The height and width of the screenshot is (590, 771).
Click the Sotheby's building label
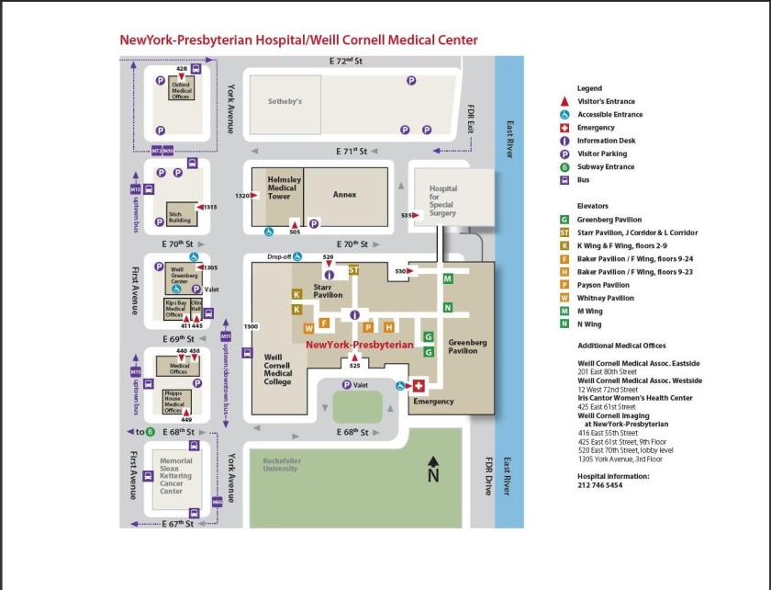(285, 102)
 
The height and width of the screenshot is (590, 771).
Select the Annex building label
(344, 194)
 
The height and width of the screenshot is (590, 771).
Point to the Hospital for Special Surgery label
(442, 201)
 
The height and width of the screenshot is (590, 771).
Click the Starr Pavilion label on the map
(328, 290)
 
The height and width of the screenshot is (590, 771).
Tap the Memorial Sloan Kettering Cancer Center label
(175, 476)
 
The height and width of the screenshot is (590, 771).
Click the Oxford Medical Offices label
(181, 90)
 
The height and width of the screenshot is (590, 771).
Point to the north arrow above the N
(434, 460)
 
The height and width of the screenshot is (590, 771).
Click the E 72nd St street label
(346, 62)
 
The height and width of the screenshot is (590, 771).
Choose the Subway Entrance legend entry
(609, 167)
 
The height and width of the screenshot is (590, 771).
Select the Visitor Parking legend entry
(601, 153)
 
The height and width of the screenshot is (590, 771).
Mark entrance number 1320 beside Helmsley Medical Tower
(242, 196)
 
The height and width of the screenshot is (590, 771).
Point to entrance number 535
(407, 214)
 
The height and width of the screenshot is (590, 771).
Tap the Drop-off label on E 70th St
(279, 257)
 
